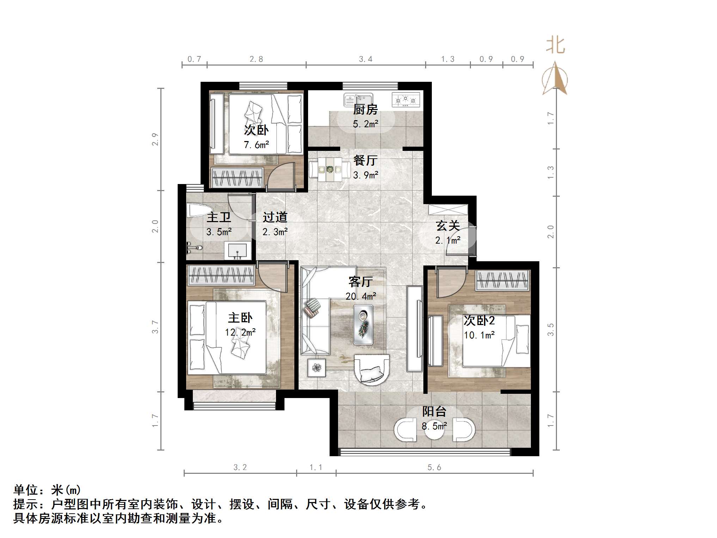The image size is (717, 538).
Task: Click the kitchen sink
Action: click(358, 99)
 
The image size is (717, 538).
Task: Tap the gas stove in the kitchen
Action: click(406, 100)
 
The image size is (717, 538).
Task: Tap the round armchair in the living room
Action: click(372, 370)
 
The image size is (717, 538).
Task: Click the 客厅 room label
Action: click(360, 282)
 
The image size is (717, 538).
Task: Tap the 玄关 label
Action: click(448, 226)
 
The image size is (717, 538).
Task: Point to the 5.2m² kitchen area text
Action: click(366, 124)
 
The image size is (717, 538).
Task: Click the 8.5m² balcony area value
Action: click(434, 426)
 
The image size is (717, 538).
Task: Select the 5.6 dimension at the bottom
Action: click(434, 467)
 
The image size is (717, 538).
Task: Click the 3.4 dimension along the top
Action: click(366, 59)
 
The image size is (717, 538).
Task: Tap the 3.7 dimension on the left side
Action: click(155, 327)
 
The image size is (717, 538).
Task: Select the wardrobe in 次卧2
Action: click(503, 281)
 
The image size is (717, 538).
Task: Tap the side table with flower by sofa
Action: click(317, 368)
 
